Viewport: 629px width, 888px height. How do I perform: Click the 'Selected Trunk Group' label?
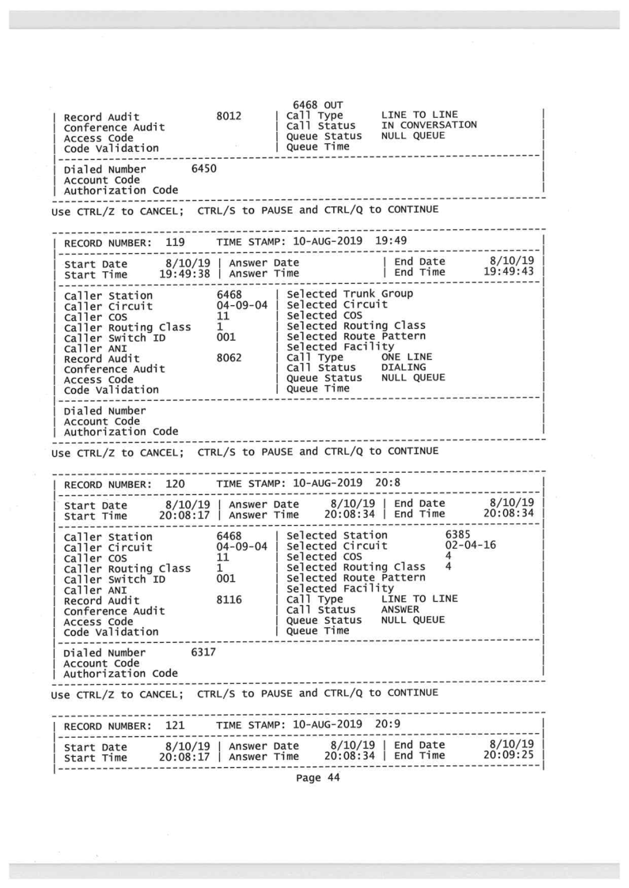[x=347, y=295]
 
